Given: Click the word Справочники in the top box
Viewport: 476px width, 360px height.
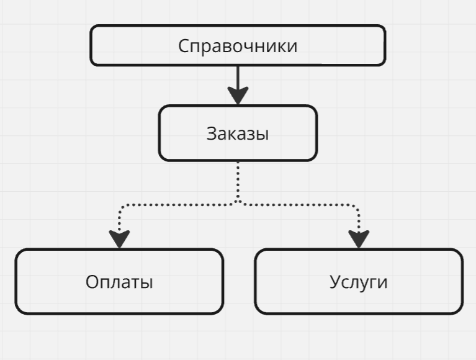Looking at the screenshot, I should pyautogui.click(x=238, y=46).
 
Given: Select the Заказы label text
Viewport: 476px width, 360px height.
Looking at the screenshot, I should pyautogui.click(x=238, y=133).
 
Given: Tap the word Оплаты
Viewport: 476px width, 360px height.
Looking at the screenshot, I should pyautogui.click(x=119, y=282).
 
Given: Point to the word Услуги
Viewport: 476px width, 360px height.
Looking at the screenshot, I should pyautogui.click(x=358, y=282).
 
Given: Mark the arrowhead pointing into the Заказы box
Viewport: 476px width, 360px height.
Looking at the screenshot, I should pyautogui.click(x=238, y=96).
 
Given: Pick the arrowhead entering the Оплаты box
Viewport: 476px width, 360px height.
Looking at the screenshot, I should pyautogui.click(x=119, y=239).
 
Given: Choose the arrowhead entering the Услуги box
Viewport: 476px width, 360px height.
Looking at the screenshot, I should pyautogui.click(x=359, y=239).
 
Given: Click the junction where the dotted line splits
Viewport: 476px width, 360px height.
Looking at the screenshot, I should pyautogui.click(x=238, y=202).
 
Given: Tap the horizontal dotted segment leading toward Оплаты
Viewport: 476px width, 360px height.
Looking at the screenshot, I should pyautogui.click(x=180, y=203).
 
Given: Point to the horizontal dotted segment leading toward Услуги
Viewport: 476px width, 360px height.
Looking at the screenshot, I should pyautogui.click(x=298, y=203).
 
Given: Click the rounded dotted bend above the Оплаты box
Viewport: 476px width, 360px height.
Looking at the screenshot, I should pyautogui.click(x=122, y=206).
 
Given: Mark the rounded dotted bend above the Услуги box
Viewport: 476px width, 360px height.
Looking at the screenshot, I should pyautogui.click(x=356, y=206).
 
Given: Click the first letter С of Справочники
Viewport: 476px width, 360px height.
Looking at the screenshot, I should pyautogui.click(x=184, y=46).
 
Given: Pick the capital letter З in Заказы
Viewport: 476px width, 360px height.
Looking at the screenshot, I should pyautogui.click(x=211, y=133).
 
